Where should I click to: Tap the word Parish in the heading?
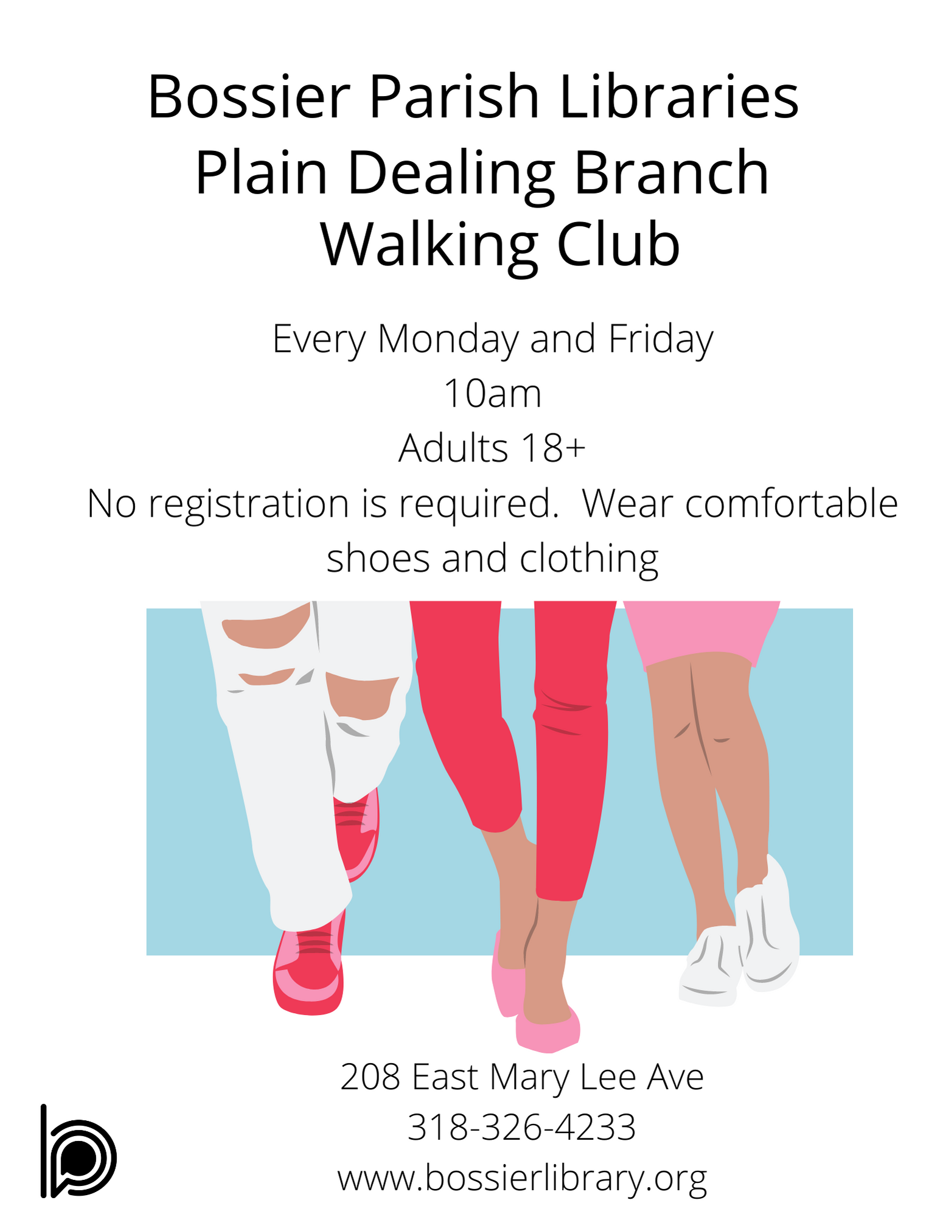coord(454,97)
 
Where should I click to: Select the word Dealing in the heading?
coord(451,175)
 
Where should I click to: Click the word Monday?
coord(448,339)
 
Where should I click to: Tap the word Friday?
coord(661,339)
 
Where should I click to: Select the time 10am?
coord(493,393)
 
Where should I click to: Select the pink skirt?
coord(701,633)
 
